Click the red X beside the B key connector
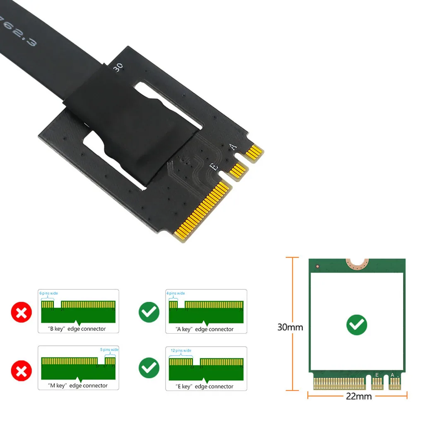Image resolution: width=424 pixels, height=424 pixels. [21, 312]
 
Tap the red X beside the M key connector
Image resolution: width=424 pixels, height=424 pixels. [21, 370]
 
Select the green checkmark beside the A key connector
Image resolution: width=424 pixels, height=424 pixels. [149, 312]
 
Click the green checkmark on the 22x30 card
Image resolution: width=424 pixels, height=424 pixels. [357, 325]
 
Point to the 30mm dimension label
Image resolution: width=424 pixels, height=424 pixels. [290, 327]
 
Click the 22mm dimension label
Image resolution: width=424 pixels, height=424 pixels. [359, 396]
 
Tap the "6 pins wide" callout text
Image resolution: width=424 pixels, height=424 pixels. [49, 293]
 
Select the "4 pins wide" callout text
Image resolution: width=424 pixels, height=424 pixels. [176, 293]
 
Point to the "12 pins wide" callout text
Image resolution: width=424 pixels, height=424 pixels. [181, 351]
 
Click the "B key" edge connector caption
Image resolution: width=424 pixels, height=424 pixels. [77, 329]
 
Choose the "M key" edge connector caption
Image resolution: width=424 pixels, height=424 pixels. [78, 385]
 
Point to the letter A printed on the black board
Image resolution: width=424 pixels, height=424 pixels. [234, 146]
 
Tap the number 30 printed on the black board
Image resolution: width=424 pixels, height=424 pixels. [117, 67]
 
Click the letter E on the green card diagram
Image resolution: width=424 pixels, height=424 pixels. [377, 375]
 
